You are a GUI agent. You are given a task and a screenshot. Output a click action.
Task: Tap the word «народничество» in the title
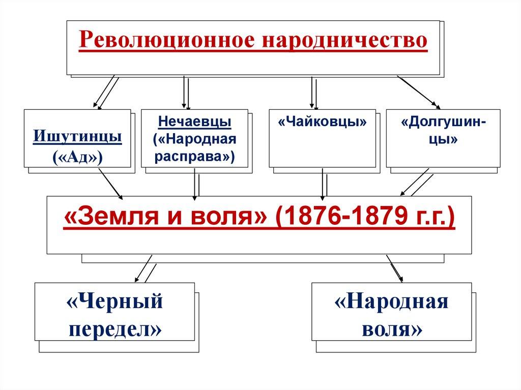click(x=344, y=40)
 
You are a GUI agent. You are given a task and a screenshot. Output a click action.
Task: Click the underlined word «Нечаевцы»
click(x=194, y=122)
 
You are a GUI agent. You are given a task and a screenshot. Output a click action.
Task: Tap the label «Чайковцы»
click(x=323, y=123)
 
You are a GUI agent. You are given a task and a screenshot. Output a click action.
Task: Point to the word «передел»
click(x=114, y=329)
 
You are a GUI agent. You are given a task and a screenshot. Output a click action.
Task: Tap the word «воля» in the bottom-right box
click(x=391, y=329)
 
